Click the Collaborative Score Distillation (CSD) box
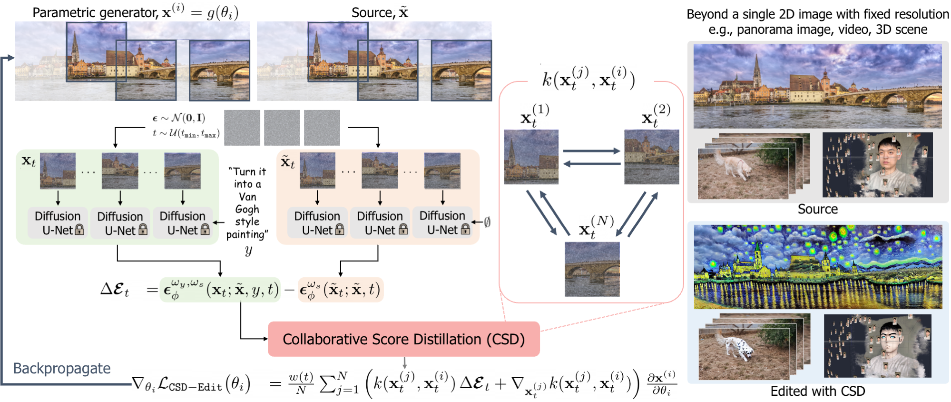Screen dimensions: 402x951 pyautogui.click(x=403, y=339)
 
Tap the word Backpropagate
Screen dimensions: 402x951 pyautogui.click(x=62, y=368)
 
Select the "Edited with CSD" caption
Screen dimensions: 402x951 pyautogui.click(x=817, y=392)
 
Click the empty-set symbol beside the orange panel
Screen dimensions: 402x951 pyautogui.click(x=487, y=222)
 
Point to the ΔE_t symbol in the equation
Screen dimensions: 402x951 pyautogui.click(x=115, y=289)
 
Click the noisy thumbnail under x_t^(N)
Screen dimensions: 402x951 pyautogui.click(x=592, y=269)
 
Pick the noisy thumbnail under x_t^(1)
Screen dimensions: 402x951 pyautogui.click(x=531, y=157)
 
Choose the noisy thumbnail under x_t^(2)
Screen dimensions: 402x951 pyautogui.click(x=651, y=157)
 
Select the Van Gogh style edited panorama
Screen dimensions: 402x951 pyautogui.click(x=818, y=267)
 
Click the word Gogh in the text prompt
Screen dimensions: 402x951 pyautogui.click(x=247, y=209)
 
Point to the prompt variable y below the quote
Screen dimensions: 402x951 pyautogui.click(x=248, y=251)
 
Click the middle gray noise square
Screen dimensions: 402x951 pyautogui.click(x=282, y=128)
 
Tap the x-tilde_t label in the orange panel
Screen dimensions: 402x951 pyautogui.click(x=288, y=162)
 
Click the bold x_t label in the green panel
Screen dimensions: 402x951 pyautogui.click(x=29, y=161)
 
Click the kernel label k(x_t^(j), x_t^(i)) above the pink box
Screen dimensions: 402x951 pyautogui.click(x=588, y=79)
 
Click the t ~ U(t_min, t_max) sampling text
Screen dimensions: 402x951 pyautogui.click(x=186, y=134)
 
